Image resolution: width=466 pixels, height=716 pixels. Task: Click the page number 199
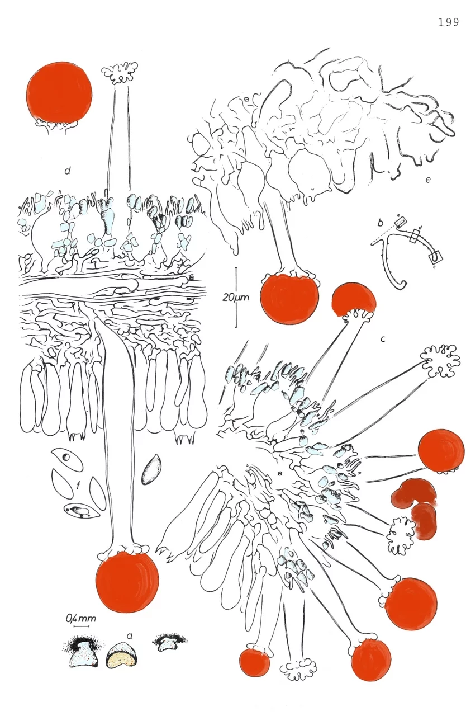click(x=449, y=22)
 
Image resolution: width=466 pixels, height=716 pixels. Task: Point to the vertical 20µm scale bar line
click(x=236, y=297)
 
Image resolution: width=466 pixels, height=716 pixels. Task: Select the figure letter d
click(x=67, y=171)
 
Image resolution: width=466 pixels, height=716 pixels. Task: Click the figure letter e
click(x=427, y=180)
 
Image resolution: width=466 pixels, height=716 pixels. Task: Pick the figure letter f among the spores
click(x=78, y=487)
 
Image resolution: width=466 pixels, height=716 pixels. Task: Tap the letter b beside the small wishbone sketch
click(x=380, y=223)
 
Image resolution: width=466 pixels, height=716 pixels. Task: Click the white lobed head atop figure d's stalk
click(x=120, y=73)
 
